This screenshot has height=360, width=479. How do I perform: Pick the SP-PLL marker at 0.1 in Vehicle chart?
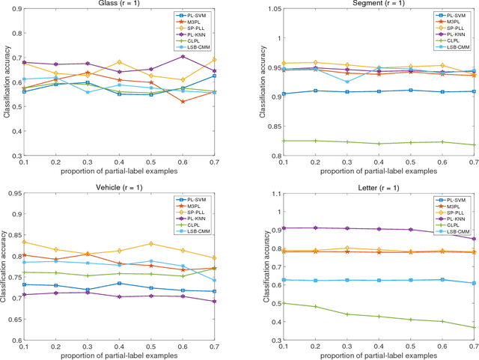(45, 242)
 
